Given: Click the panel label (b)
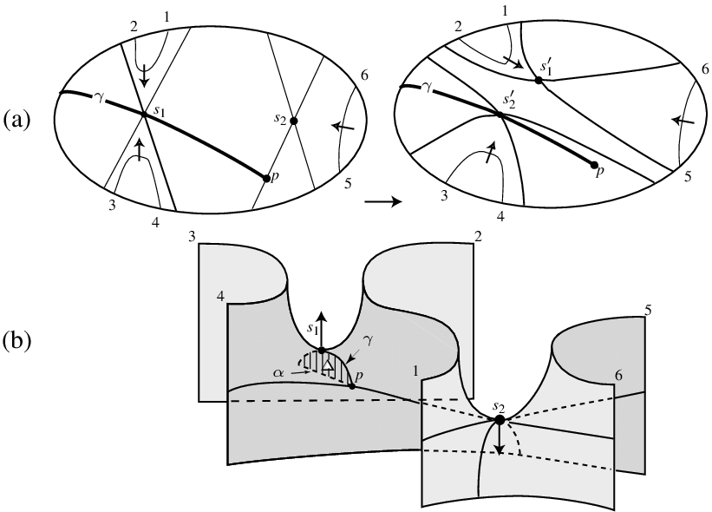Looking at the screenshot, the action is pyautogui.click(x=17, y=341).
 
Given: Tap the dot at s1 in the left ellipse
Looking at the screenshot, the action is pyautogui.click(x=144, y=114).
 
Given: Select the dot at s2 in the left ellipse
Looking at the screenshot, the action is pyautogui.click(x=293, y=121).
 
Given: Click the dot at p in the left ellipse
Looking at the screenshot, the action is pyautogui.click(x=266, y=179).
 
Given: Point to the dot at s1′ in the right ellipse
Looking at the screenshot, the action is pyautogui.click(x=539, y=81).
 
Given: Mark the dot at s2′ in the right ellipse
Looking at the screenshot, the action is pyautogui.click(x=500, y=115).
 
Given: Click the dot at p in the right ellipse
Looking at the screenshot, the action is pyautogui.click(x=593, y=165).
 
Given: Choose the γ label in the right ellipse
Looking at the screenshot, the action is pyautogui.click(x=427, y=88).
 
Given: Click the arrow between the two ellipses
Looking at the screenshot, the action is pyautogui.click(x=383, y=201).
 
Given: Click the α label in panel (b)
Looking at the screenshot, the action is pyautogui.click(x=279, y=372).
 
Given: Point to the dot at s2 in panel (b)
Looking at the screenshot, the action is pyautogui.click(x=500, y=420).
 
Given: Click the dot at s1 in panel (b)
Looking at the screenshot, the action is pyautogui.click(x=322, y=351).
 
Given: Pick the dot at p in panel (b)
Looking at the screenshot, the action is pyautogui.click(x=351, y=387).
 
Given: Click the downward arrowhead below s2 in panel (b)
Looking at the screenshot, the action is pyautogui.click(x=500, y=450).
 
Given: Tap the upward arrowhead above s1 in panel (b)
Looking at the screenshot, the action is pyautogui.click(x=322, y=318).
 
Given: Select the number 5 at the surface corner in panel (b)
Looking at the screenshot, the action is pyautogui.click(x=649, y=311).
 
